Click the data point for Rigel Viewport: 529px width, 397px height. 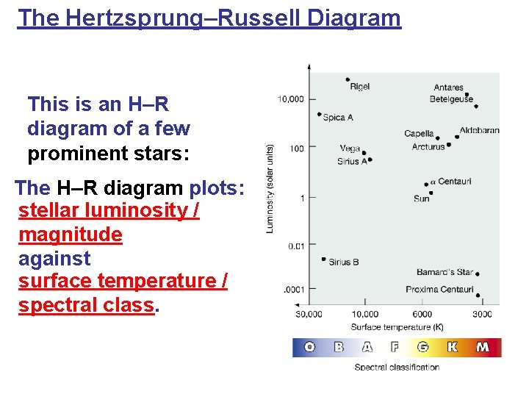348,79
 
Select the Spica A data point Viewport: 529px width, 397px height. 320,114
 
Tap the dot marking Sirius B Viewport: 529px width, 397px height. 324,259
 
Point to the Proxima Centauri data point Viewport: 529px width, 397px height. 478,296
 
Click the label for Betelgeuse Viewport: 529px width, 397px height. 451,99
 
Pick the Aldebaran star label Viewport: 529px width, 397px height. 479,130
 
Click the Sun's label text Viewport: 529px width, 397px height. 422,198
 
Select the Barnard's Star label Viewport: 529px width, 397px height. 445,272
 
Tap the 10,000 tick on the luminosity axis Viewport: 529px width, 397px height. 290,99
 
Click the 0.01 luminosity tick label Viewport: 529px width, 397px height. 296,246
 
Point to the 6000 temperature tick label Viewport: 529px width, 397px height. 422,315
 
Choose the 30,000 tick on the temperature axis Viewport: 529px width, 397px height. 309,315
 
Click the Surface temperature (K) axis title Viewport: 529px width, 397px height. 397,327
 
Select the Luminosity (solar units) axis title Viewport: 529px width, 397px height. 270,189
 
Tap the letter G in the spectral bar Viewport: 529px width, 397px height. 422,347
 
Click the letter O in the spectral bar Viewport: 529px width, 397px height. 310,347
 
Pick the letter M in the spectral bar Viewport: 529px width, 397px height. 483,347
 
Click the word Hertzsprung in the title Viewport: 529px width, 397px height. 134,18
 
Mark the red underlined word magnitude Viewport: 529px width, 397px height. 71,235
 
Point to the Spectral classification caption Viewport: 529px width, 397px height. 397,368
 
